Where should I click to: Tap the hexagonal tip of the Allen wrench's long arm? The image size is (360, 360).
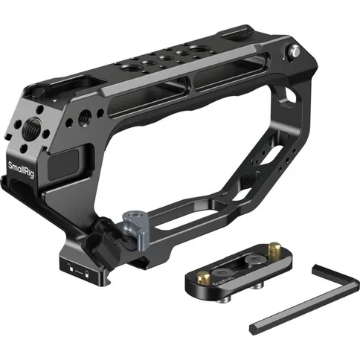coord(254,325)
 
